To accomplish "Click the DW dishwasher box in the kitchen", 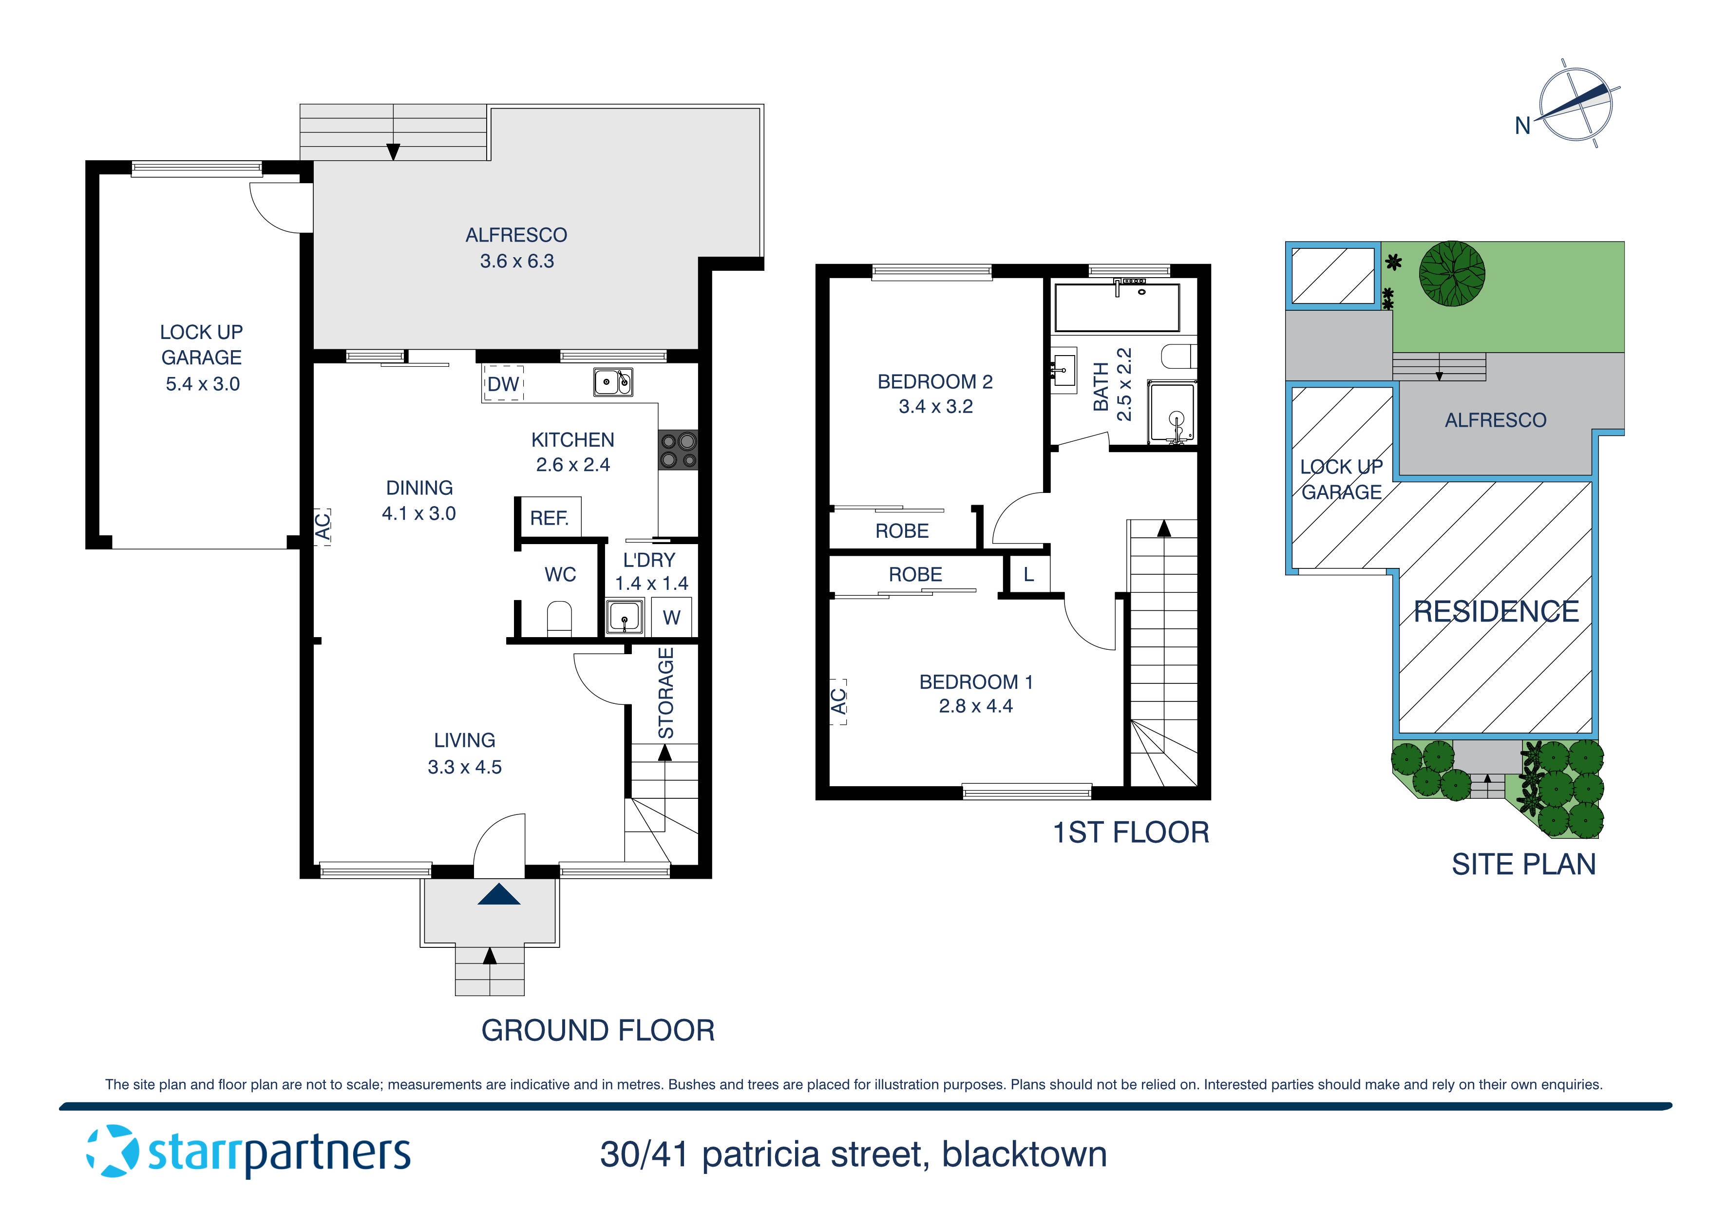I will pyautogui.click(x=503, y=383).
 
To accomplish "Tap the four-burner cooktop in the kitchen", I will pyautogui.click(x=677, y=450).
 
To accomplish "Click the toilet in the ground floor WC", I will pyautogui.click(x=559, y=619).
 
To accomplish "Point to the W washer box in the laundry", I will pyautogui.click(x=671, y=617).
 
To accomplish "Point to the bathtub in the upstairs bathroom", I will pyautogui.click(x=1117, y=307).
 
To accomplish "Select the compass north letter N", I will pyautogui.click(x=1522, y=126).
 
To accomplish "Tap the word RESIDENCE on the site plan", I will pyautogui.click(x=1496, y=612).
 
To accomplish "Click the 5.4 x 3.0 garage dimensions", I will pyautogui.click(x=203, y=384).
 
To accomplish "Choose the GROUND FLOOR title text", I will pyautogui.click(x=598, y=1031).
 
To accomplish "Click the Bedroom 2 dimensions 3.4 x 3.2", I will pyautogui.click(x=936, y=406).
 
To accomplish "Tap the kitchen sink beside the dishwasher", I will pyautogui.click(x=613, y=382).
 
